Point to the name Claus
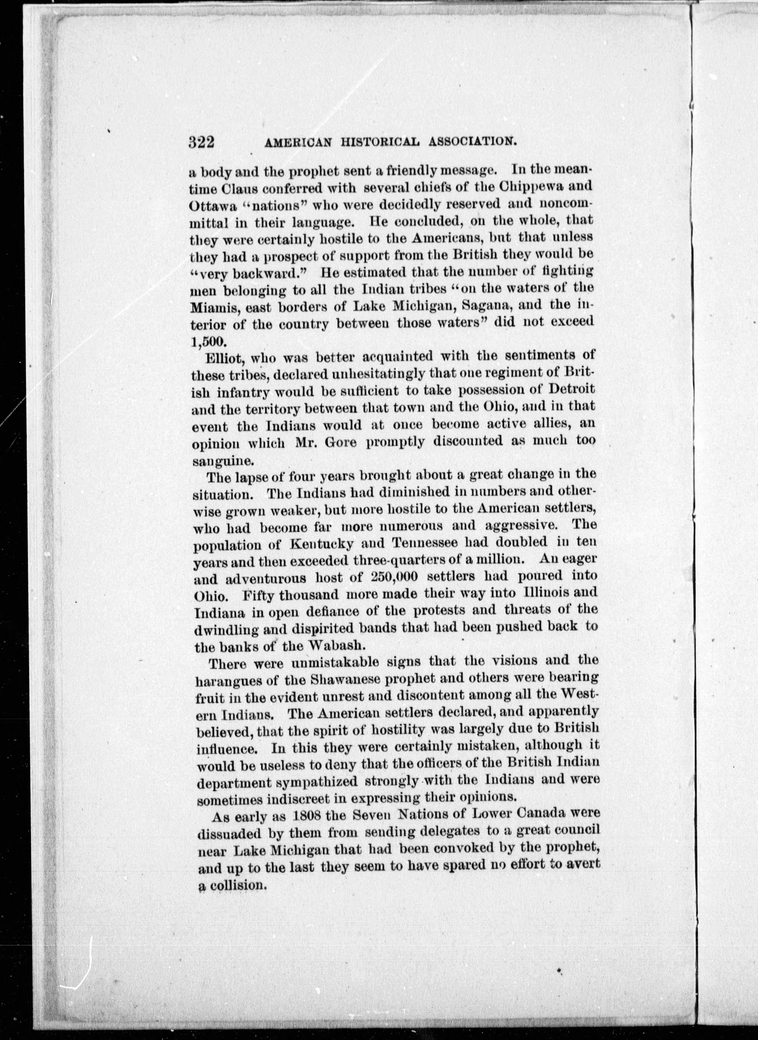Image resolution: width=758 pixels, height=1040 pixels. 241,188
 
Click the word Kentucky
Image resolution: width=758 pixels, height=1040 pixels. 321,543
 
